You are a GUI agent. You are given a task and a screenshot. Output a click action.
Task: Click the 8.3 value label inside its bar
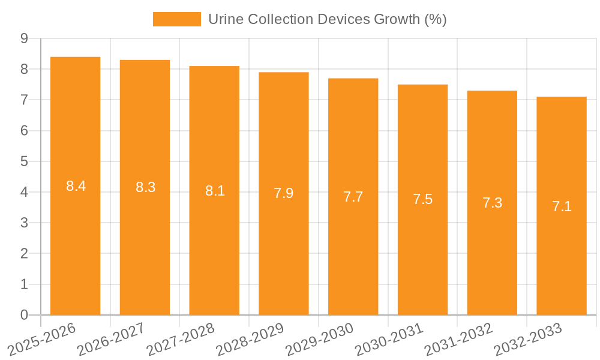145,187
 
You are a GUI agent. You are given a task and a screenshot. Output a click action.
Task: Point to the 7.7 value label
353,197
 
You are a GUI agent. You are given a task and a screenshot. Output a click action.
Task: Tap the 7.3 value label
492,203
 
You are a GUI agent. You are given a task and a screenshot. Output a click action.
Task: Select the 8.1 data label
215,191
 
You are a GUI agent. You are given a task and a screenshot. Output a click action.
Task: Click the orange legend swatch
177,19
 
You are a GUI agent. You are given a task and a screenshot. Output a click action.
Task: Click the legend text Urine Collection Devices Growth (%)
327,19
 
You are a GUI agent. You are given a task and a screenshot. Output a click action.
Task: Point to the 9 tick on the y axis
24,38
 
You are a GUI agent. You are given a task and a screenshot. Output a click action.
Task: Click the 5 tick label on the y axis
24,161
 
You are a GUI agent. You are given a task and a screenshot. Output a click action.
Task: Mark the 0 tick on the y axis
24,315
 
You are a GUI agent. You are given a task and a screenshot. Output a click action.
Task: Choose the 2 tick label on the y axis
24,254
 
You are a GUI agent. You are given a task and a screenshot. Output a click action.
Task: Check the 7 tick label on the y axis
24,100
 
